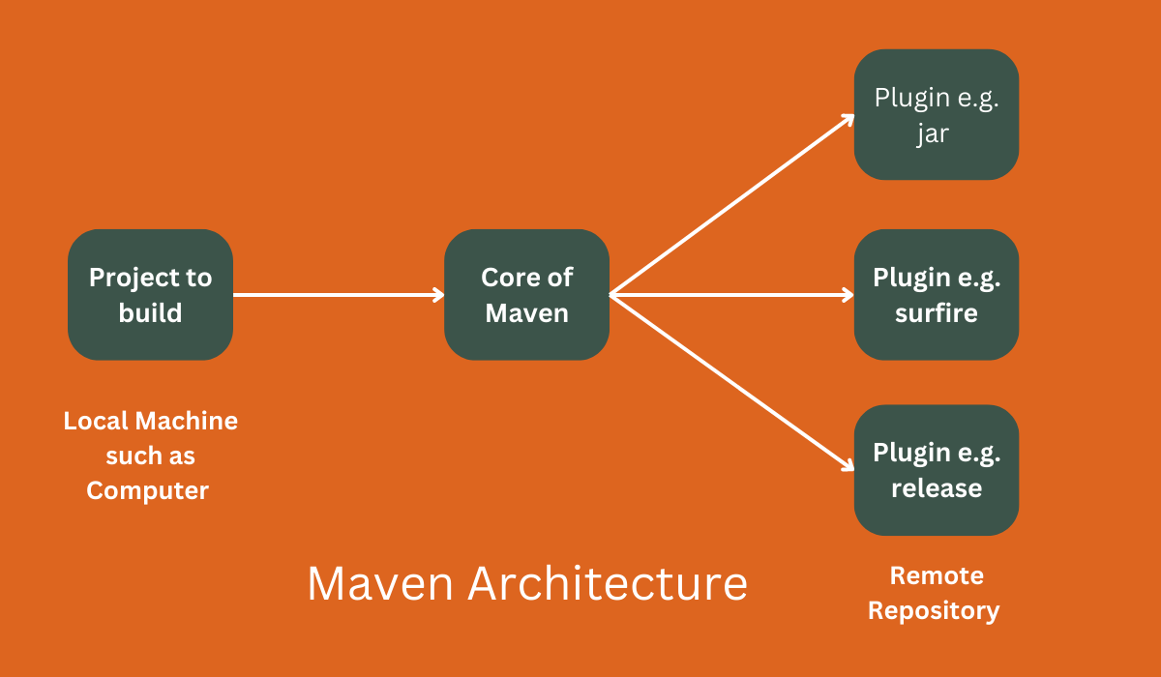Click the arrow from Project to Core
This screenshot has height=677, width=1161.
339,295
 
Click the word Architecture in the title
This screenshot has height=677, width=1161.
609,584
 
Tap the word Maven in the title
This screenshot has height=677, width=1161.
381,584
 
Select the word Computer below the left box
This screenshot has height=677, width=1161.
148,490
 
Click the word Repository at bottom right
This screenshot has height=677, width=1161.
934,611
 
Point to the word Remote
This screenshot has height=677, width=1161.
937,576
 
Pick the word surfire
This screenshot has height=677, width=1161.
936,313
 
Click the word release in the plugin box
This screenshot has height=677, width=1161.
936,488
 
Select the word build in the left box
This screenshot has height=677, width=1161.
150,313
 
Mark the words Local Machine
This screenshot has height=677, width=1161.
150,421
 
